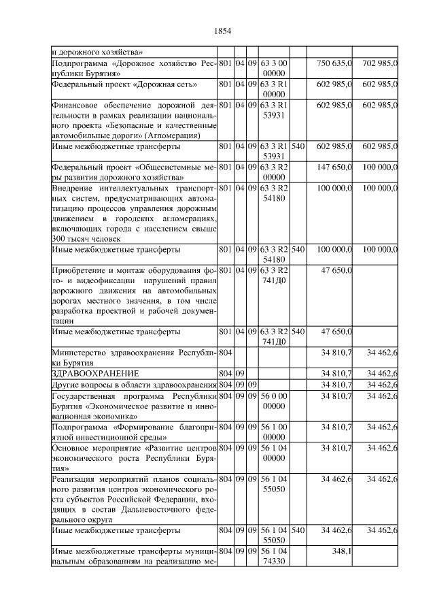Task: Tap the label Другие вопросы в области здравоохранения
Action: [x=134, y=385]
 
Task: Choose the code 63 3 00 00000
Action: [x=275, y=67]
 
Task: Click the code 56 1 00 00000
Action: [x=275, y=432]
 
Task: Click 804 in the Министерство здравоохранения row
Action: [x=226, y=353]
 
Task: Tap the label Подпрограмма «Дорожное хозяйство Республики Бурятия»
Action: [x=134, y=67]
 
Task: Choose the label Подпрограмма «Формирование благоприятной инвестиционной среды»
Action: [x=134, y=432]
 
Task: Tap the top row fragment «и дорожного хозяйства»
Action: [x=97, y=51]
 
